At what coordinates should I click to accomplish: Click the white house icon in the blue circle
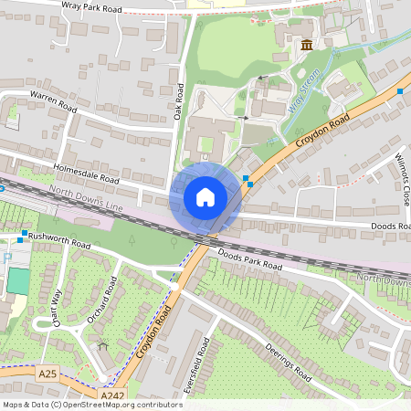tap(205, 197)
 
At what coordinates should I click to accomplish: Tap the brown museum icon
tap(305, 45)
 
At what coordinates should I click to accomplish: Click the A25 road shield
tap(47, 374)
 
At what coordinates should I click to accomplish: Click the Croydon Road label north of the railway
tap(322, 133)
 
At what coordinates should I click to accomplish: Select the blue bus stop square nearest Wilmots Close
tap(400, 90)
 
